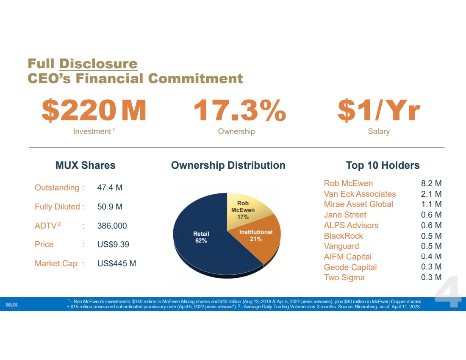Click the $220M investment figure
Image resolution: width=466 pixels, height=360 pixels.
click(94, 110)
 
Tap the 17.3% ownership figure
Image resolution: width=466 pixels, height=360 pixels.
click(239, 110)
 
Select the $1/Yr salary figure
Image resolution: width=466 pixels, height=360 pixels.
click(379, 110)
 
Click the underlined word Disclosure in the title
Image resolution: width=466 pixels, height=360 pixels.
click(98, 64)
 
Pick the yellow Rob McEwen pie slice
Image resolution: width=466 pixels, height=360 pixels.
click(245, 208)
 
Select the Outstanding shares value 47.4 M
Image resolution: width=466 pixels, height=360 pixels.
click(110, 188)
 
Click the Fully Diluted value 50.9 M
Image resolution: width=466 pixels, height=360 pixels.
click(110, 207)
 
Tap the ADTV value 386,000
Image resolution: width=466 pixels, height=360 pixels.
click(112, 226)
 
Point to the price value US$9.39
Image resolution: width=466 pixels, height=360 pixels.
click(113, 245)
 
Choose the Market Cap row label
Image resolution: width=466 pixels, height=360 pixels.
click(56, 264)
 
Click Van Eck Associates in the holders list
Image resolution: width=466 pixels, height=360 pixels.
click(360, 194)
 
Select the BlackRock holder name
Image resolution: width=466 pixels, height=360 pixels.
click(343, 236)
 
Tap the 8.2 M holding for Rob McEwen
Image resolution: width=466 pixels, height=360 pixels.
click(431, 183)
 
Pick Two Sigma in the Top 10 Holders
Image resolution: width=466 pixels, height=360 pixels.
click(344, 278)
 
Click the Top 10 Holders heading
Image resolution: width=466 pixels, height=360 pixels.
click(383, 165)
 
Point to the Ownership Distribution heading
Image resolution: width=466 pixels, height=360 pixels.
click(228, 165)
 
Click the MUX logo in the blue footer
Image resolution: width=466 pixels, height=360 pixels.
click(11, 304)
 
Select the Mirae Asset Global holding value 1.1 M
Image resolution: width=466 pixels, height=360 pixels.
click(431, 204)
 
